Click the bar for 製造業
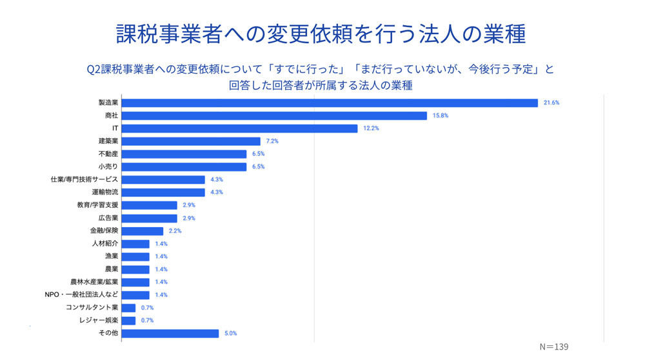tap(330, 103)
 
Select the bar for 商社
tap(274, 115)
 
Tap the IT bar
tap(239, 128)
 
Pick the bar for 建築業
tap(191, 141)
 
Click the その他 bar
tap(170, 334)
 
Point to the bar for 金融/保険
tap(143, 231)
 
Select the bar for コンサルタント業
tap(129, 308)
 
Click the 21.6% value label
tap(551, 103)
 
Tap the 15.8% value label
tap(440, 115)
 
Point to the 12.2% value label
tap(371, 128)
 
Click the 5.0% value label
tap(231, 334)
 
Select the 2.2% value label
tap(175, 231)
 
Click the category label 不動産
tap(108, 154)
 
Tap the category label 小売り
tap(108, 166)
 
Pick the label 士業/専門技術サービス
tap(84, 179)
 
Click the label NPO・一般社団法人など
tap(81, 295)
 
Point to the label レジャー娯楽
tap(99, 320)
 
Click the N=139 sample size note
tap(553, 347)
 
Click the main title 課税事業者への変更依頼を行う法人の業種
tap(321, 34)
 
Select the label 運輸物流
tap(105, 192)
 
